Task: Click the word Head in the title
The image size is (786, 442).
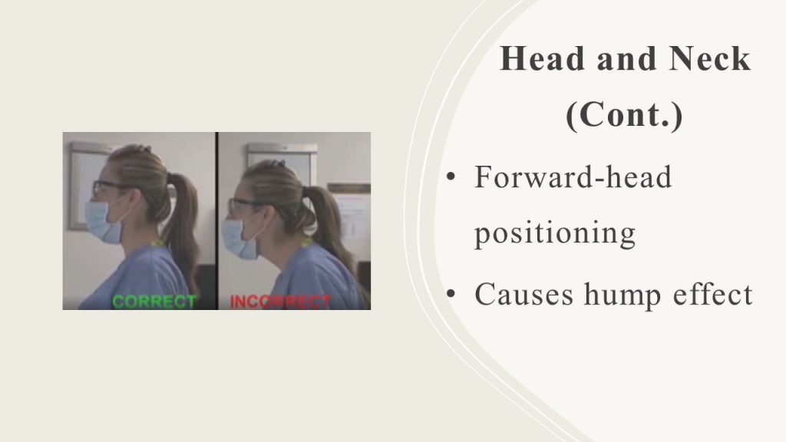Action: point(543,58)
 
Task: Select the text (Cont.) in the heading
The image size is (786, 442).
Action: point(624,116)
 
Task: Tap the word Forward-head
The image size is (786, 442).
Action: point(573,177)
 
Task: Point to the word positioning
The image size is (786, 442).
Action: point(555,234)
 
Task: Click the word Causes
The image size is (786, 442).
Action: point(523,294)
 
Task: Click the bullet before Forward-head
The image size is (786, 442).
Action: point(451,177)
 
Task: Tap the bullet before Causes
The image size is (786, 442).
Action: point(451,293)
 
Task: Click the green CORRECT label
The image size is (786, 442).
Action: point(154,302)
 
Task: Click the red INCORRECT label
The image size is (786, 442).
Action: point(280,302)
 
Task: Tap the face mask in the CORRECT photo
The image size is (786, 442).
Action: point(104,223)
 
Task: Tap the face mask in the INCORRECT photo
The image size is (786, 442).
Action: point(239,239)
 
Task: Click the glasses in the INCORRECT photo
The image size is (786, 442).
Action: point(247,206)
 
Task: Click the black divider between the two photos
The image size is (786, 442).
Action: point(217,221)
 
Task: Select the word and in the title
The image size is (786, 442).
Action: point(626,58)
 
